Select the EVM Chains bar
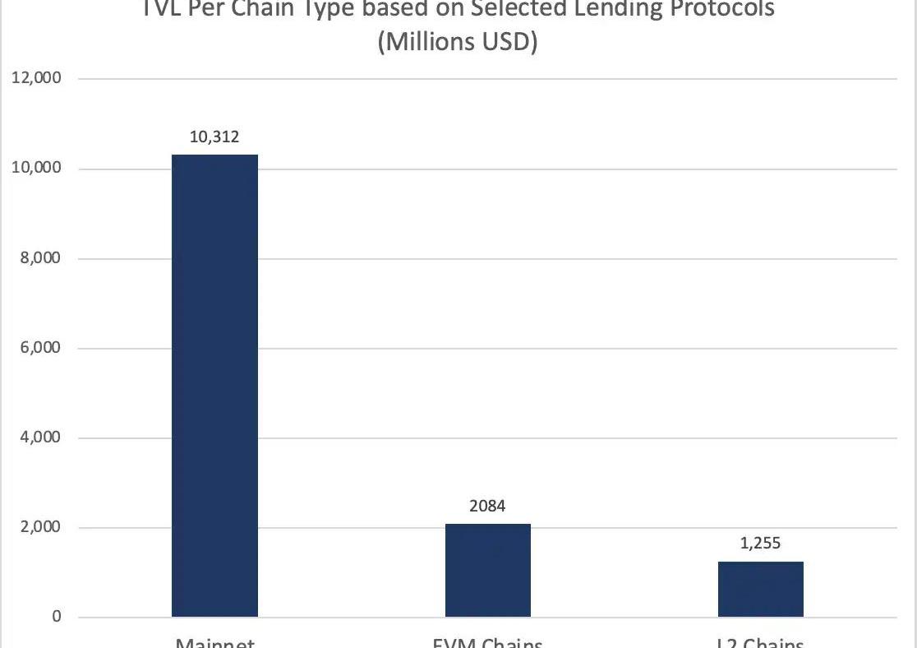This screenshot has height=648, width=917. point(487,570)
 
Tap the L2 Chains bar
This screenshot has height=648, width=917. point(760,589)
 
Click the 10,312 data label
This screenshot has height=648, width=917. point(214,137)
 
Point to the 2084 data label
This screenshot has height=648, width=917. point(487,507)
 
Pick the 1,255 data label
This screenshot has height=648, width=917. point(760,543)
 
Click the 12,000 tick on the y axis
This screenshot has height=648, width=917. point(35,79)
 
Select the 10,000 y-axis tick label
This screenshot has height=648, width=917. point(35,169)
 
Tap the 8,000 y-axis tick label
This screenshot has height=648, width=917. point(39,258)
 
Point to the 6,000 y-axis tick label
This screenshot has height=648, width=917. point(39,348)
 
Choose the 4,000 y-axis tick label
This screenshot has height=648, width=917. point(39,437)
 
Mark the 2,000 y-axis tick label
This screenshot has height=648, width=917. point(39,527)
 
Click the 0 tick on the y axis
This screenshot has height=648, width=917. point(57,617)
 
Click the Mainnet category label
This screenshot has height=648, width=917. point(214,642)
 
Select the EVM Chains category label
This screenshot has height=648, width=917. point(487,642)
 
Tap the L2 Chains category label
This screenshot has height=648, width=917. point(760,642)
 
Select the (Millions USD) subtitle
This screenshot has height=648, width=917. point(458,42)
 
